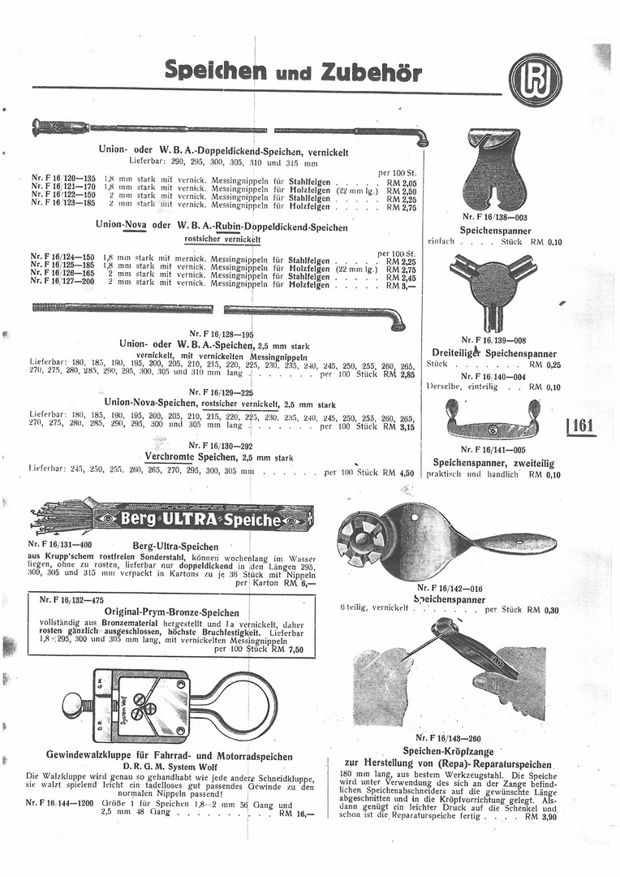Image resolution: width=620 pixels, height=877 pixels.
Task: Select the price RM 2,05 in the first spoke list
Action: click(400, 184)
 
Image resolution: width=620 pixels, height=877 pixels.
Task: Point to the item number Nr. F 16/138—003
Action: click(494, 218)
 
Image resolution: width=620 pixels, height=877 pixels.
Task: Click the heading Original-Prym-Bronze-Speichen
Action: click(171, 612)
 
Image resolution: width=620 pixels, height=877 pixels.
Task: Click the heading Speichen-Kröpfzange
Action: click(450, 751)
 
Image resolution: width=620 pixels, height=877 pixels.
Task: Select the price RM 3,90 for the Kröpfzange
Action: click(540, 816)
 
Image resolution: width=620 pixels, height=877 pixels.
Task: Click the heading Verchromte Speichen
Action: click(187, 457)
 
